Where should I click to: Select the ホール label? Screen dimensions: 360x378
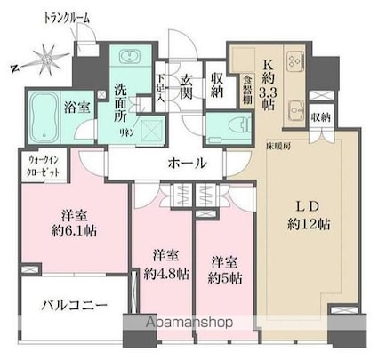point(185,163)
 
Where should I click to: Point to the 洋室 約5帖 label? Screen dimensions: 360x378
point(222,269)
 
